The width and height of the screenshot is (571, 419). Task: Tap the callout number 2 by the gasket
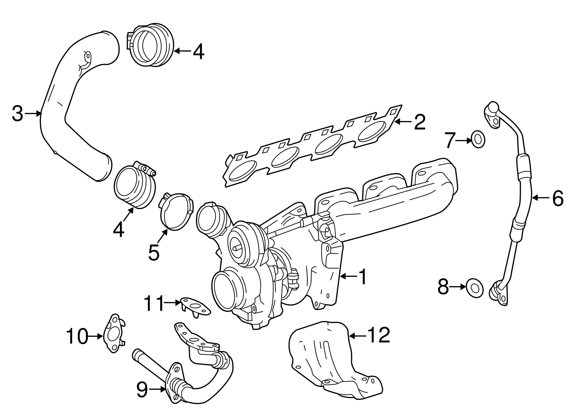tap(420, 122)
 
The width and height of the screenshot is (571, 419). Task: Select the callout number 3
tap(17, 113)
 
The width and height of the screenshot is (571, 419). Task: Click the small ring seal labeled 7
tap(479, 139)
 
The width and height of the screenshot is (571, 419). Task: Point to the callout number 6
tap(558, 198)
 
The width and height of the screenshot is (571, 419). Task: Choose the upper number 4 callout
tap(198, 52)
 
